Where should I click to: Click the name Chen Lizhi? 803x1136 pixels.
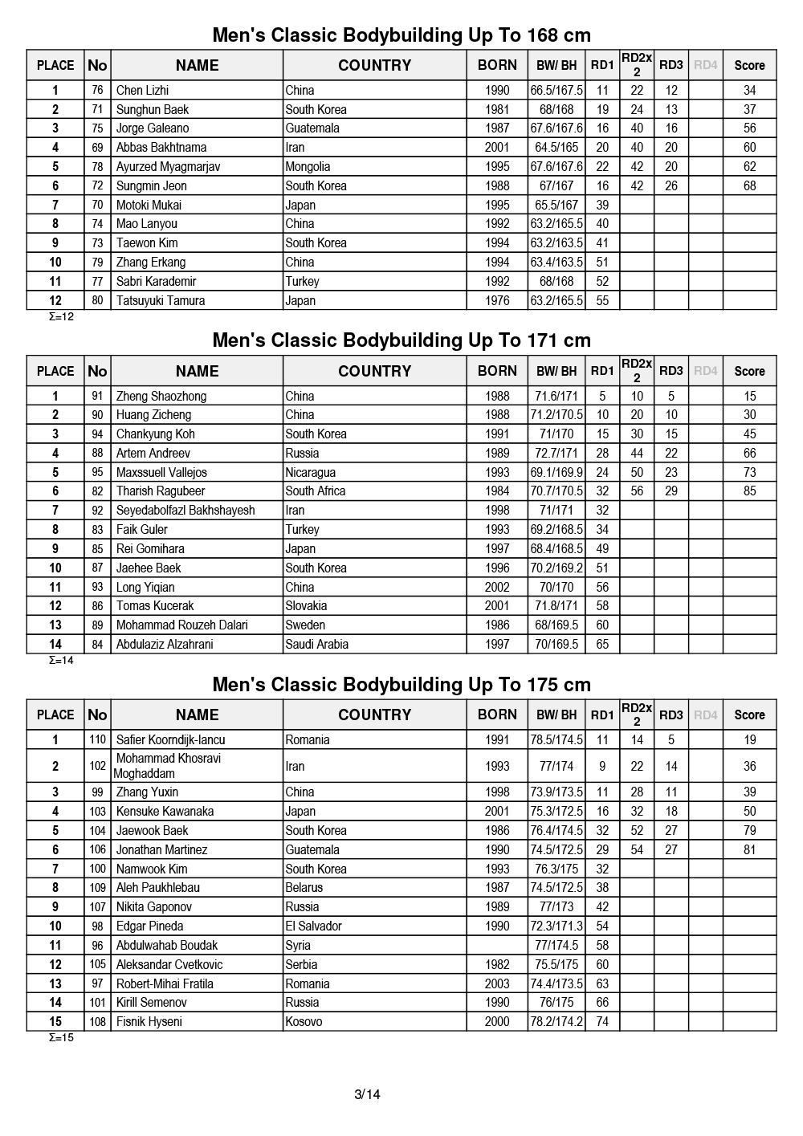tap(142, 91)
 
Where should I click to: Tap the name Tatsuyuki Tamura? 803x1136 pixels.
tap(161, 301)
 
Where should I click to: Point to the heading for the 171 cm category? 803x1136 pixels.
tap(401, 340)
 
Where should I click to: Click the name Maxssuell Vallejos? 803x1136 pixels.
tap(161, 473)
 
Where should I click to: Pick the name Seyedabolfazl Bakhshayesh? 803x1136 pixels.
tap(185, 511)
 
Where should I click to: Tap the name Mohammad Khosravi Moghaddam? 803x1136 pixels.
tap(168, 766)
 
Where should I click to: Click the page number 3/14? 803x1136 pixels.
tap(367, 1094)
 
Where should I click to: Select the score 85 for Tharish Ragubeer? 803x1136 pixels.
tap(749, 491)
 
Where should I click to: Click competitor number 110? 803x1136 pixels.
tap(97, 740)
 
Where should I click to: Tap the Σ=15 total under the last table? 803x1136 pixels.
tap(61, 1038)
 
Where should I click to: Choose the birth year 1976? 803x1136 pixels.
tap(497, 301)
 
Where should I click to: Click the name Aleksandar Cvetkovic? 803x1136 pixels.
tap(169, 965)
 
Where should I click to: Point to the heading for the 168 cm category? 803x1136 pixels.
tap(401, 35)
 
